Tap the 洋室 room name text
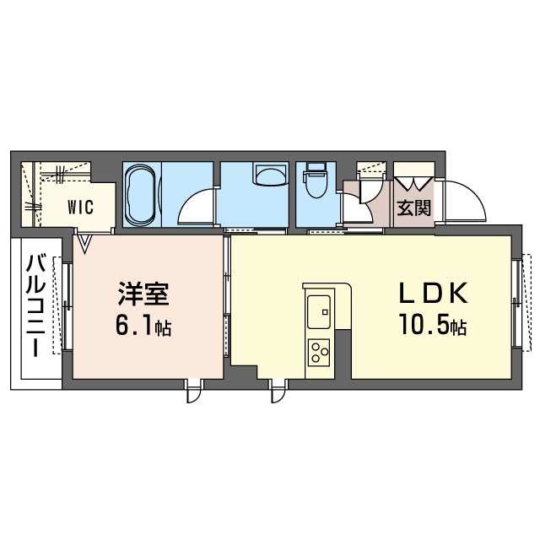[x=144, y=297]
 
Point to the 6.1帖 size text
[x=144, y=327]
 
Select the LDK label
[x=433, y=294]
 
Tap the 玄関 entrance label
[x=413, y=208]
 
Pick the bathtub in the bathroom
[x=138, y=194]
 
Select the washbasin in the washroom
[x=270, y=176]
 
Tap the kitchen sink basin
[x=319, y=311]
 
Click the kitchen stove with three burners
[x=320, y=351]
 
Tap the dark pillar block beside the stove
[x=342, y=354]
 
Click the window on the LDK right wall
[x=518, y=303]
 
